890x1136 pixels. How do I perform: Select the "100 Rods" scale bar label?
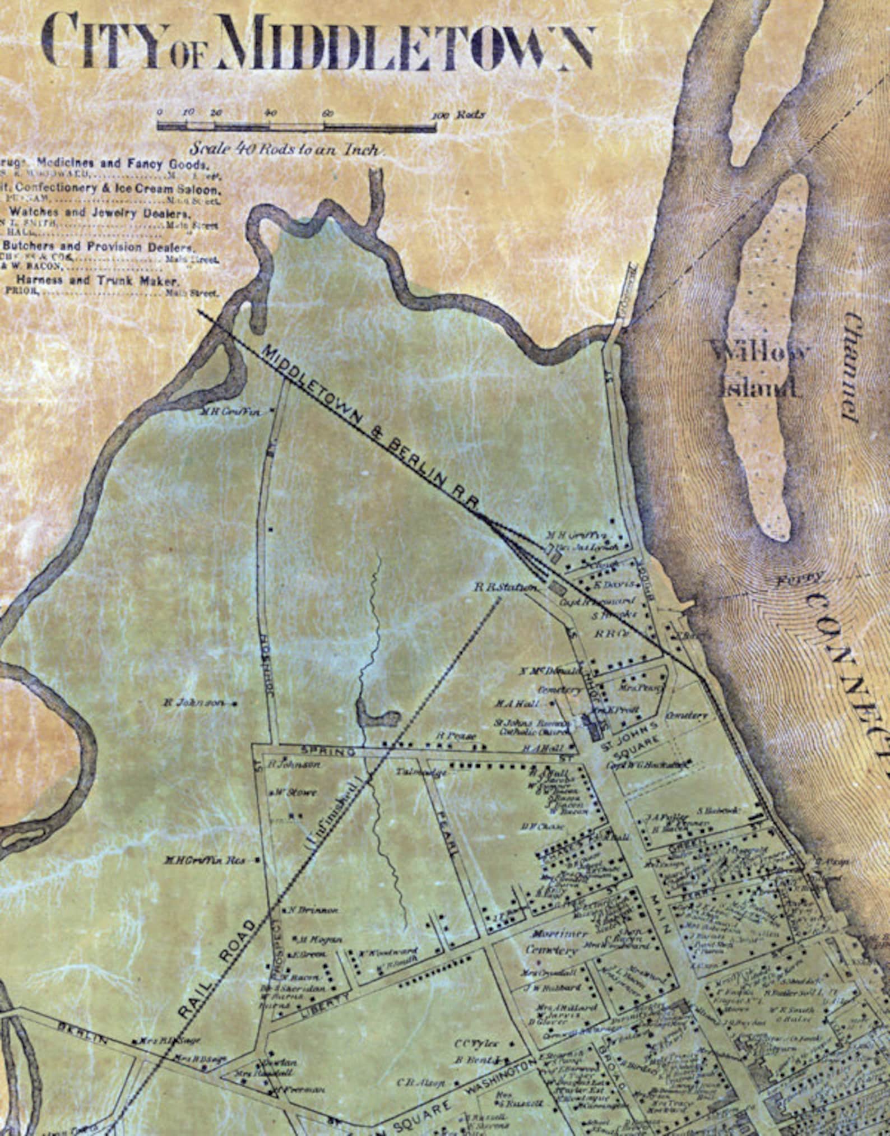(x=458, y=115)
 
